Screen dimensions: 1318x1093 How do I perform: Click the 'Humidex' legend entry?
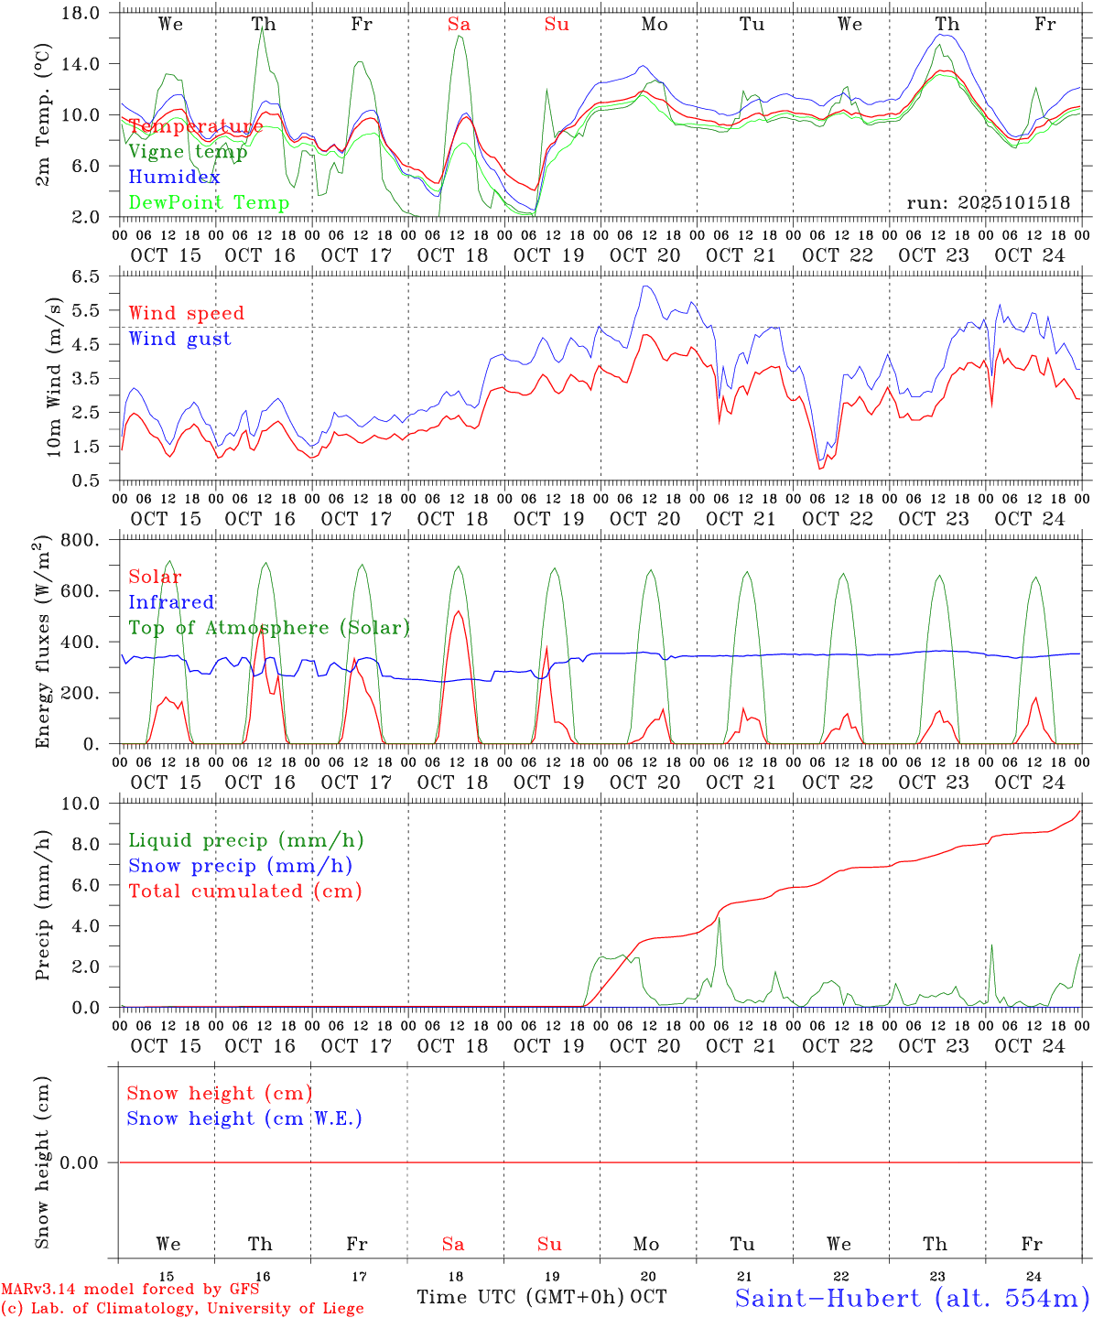pyautogui.click(x=174, y=177)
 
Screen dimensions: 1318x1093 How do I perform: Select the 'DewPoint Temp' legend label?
pyautogui.click(x=209, y=202)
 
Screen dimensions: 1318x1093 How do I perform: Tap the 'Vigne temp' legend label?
pyautogui.click(x=188, y=151)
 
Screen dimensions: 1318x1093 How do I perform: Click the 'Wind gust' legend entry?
pyautogui.click(x=179, y=339)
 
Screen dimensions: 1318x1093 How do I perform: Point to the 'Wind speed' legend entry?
pyautogui.click(x=186, y=313)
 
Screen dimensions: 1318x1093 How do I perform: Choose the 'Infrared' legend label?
pyautogui.click(x=171, y=602)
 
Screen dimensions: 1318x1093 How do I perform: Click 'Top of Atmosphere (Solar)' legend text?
pyautogui.click(x=268, y=628)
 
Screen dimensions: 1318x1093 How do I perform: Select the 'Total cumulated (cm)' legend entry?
pyautogui.click(x=244, y=891)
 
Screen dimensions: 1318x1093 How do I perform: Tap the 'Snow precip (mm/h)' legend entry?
pyautogui.click(x=240, y=866)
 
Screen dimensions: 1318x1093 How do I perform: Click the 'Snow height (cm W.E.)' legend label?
pyautogui.click(x=244, y=1118)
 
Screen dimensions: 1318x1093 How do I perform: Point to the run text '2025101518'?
pyautogui.click(x=989, y=202)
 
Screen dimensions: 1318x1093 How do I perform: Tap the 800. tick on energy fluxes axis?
pyautogui.click(x=81, y=540)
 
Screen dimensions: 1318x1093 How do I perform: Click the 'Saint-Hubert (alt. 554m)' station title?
pyautogui.click(x=912, y=1297)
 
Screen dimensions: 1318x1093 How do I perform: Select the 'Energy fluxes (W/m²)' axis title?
pyautogui.click(x=43, y=643)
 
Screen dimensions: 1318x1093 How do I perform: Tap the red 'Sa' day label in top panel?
pyautogui.click(x=459, y=25)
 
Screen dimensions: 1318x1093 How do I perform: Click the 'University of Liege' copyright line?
pyautogui.click(x=182, y=1309)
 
